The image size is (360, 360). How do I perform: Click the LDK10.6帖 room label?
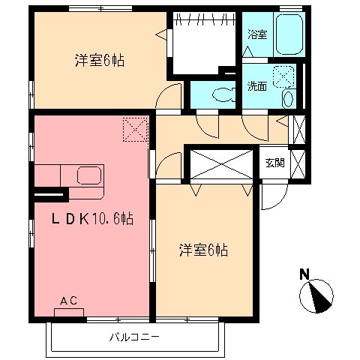(x=93, y=219)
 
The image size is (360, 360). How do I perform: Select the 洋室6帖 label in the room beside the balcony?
(x=202, y=249)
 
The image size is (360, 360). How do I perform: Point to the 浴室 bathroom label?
(x=256, y=34)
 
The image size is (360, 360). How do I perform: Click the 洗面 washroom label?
(x=257, y=85)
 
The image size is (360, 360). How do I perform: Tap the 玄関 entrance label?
(x=274, y=163)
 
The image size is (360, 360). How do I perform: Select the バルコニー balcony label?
(x=134, y=337)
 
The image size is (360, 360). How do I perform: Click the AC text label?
(x=68, y=301)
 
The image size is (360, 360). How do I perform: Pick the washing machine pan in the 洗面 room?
(x=284, y=76)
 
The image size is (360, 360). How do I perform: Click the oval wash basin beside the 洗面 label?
(x=288, y=99)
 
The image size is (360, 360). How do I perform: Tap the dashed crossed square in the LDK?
(x=134, y=129)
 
